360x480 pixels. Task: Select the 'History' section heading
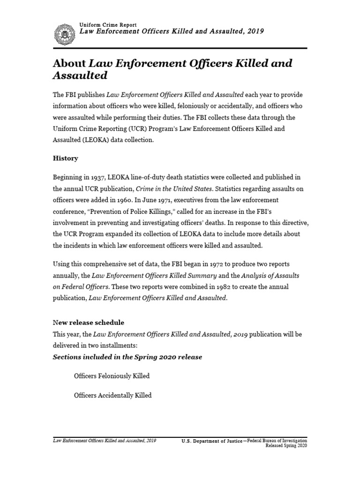(65, 158)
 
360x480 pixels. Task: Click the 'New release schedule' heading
(88, 322)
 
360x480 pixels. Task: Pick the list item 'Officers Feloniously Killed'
(112, 376)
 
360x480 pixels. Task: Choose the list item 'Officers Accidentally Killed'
(112, 395)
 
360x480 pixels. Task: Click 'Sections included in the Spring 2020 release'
(127, 357)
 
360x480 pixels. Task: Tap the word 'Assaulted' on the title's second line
(80, 76)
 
